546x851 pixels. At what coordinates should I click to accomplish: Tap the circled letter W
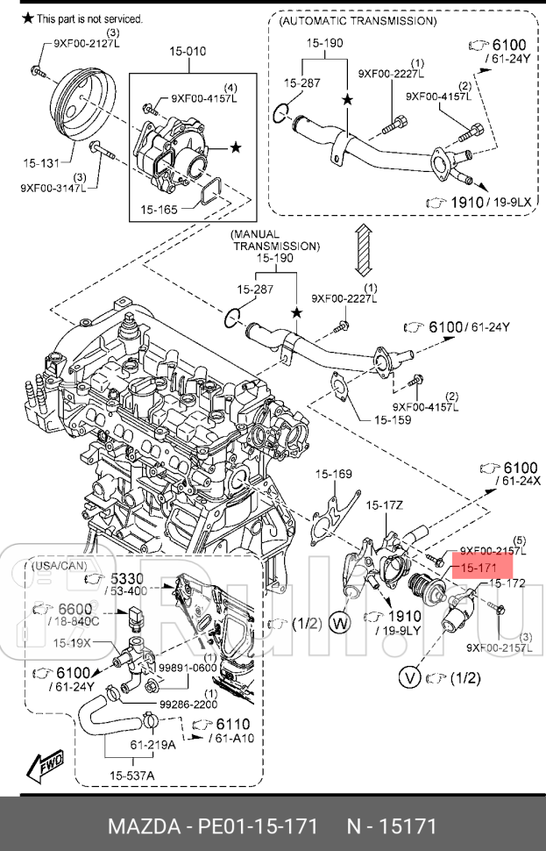(x=342, y=625)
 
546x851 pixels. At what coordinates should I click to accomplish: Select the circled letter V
(x=408, y=677)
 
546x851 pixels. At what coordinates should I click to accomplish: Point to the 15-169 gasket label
(x=334, y=474)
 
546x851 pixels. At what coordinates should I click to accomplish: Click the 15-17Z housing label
(x=384, y=504)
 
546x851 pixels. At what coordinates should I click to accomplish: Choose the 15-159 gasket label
(x=393, y=420)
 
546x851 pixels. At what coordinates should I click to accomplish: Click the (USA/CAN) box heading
(x=54, y=566)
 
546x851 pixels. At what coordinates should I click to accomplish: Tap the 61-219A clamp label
(x=153, y=746)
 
